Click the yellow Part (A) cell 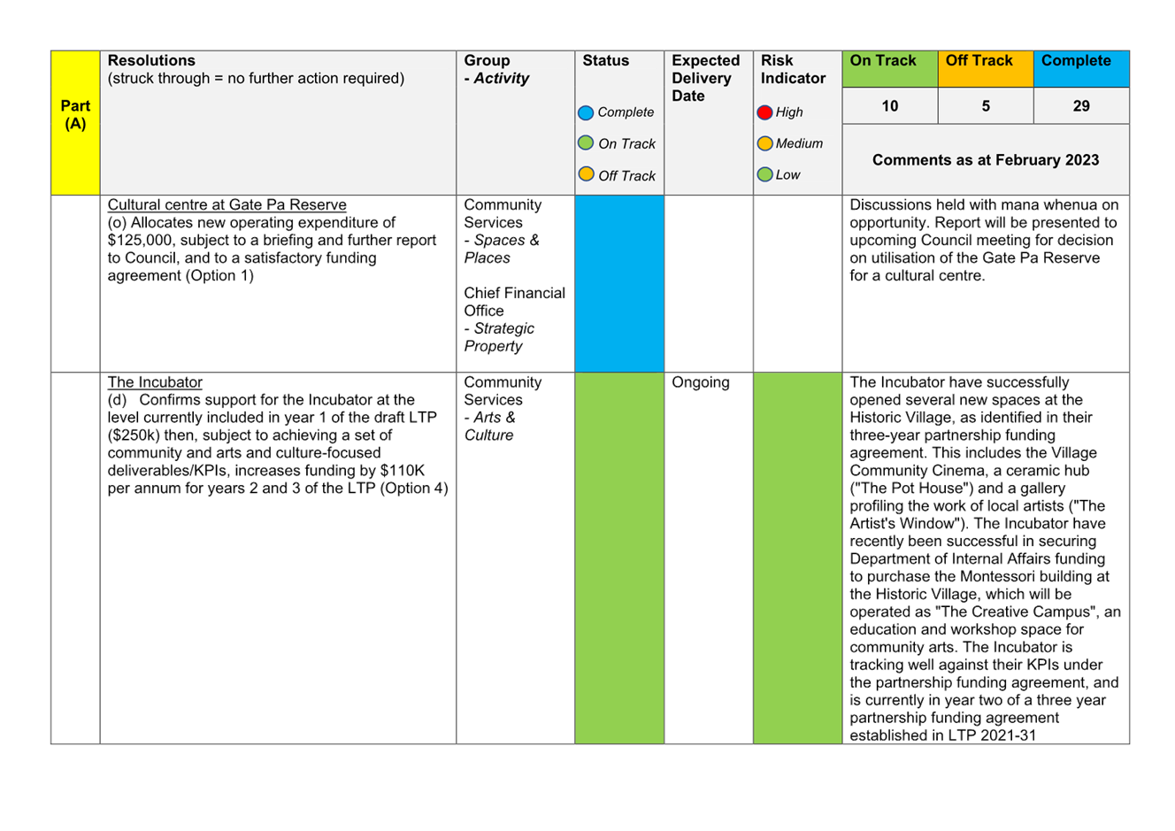click(x=75, y=123)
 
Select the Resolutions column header click(x=151, y=60)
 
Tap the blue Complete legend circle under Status click(x=586, y=112)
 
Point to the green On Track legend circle click(x=586, y=142)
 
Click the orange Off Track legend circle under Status click(x=586, y=173)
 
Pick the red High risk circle click(x=764, y=112)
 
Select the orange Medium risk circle click(x=764, y=143)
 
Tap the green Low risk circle click(x=764, y=174)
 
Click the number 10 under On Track click(x=889, y=106)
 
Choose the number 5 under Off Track click(x=986, y=106)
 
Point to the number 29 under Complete click(x=1081, y=106)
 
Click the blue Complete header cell click(x=1081, y=69)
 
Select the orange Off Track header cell click(x=986, y=69)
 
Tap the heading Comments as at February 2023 click(x=986, y=160)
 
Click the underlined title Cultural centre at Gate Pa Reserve click(x=227, y=204)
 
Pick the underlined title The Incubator click(x=155, y=382)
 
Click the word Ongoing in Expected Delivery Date click(x=700, y=382)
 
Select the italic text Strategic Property click(x=499, y=337)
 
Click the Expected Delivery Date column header click(x=705, y=78)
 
